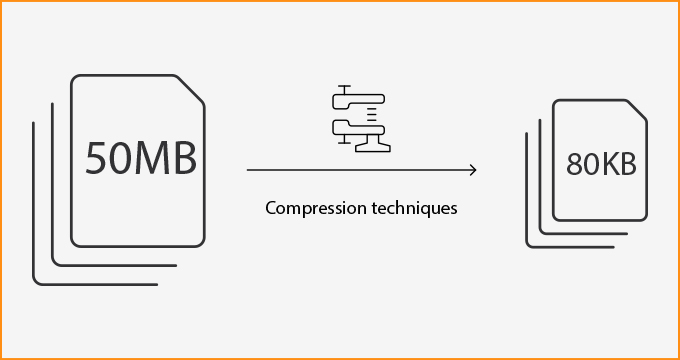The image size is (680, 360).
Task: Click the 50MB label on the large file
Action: pyautogui.click(x=140, y=158)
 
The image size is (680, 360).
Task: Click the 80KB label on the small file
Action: pyautogui.click(x=601, y=164)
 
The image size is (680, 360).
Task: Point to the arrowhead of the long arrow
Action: pyautogui.click(x=472, y=170)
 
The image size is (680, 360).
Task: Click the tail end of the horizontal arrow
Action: pyautogui.click(x=248, y=170)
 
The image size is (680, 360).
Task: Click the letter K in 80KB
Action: pyautogui.click(x=608, y=165)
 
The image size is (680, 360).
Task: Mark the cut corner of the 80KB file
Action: pyautogui.click(x=638, y=109)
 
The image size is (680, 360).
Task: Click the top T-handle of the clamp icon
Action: pyautogui.click(x=342, y=91)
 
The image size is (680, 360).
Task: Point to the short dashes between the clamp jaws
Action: pyautogui.click(x=371, y=109)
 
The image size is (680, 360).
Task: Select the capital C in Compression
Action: pyautogui.click(x=271, y=209)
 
